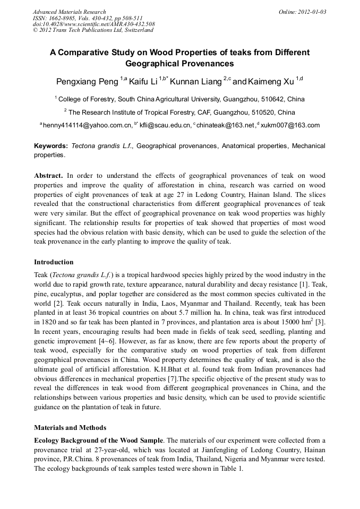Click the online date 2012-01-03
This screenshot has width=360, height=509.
tap(312, 12)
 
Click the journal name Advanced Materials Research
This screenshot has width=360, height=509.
tap(69, 12)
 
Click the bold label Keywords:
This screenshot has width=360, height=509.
tap(51, 146)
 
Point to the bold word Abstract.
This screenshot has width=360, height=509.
tap(48, 176)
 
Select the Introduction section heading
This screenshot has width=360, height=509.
tap(54, 262)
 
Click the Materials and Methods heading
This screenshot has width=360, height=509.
tap(70, 427)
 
